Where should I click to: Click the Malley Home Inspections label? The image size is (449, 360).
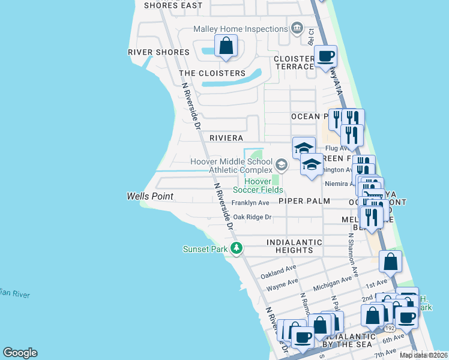[240, 29]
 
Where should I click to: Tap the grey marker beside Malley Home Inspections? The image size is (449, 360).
[296, 28]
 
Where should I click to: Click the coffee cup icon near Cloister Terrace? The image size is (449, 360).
[325, 57]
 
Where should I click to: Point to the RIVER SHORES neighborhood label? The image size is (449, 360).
[158, 52]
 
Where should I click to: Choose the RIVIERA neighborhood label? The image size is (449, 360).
[226, 137]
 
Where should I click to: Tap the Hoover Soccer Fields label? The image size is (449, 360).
[258, 185]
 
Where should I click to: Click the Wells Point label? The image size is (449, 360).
[150, 196]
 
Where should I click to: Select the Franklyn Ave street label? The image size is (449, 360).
[250, 203]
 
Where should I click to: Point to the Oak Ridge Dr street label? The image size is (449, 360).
[252, 217]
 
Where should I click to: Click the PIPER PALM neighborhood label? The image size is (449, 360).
[304, 201]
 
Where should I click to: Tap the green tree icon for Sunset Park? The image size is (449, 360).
[237, 248]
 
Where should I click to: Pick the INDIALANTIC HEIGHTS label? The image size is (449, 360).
[294, 246]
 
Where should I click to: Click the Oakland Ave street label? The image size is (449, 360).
[279, 272]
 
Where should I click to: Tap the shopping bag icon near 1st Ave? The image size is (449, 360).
[390, 262]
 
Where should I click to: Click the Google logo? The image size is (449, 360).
[20, 352]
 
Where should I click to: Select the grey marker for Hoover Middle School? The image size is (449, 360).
[281, 164]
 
